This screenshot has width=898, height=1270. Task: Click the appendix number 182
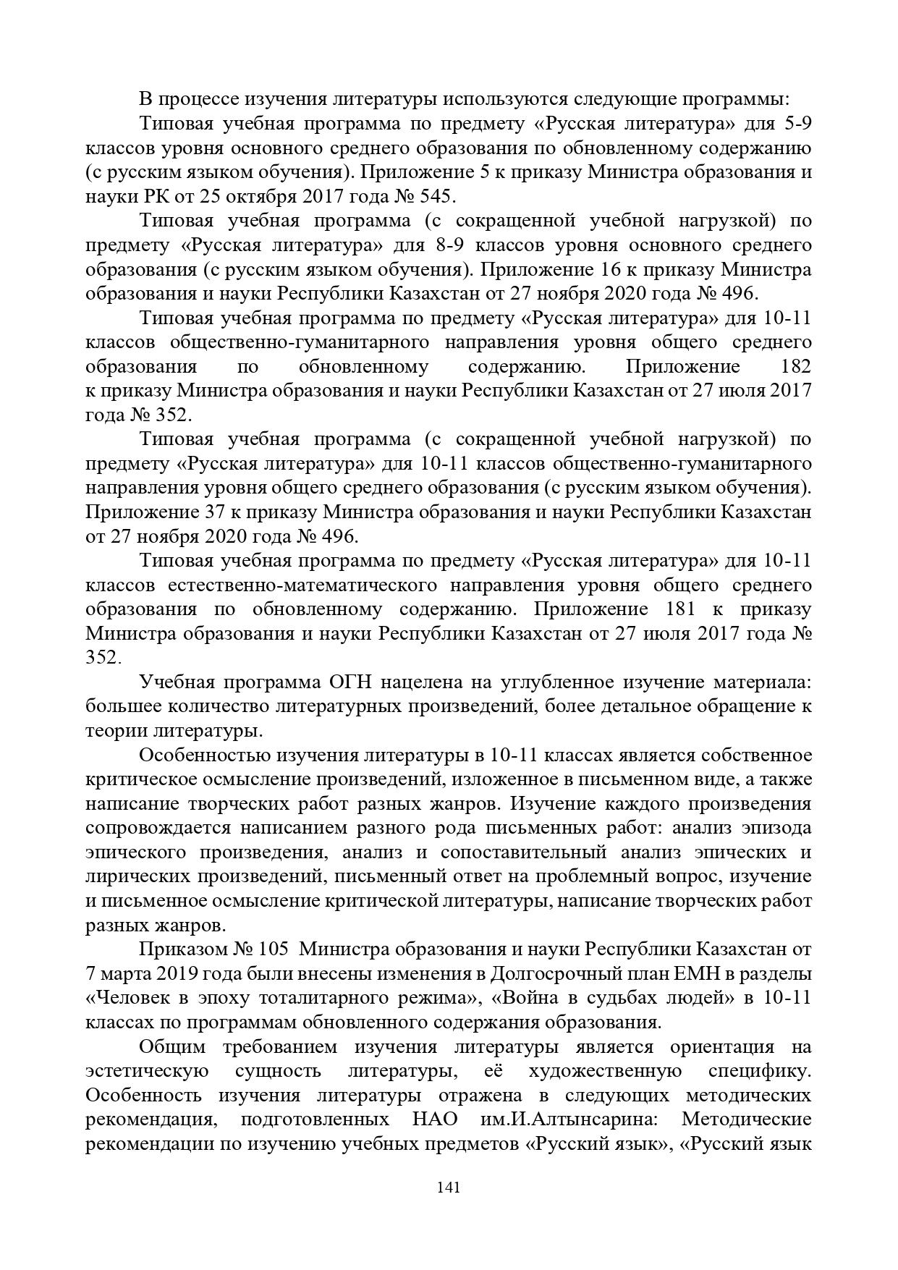click(796, 366)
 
